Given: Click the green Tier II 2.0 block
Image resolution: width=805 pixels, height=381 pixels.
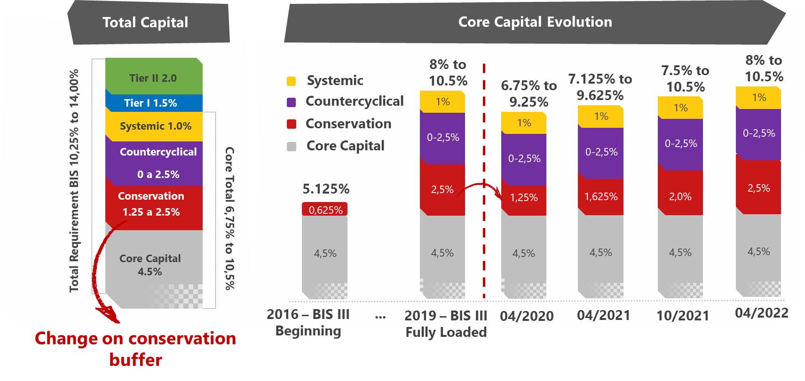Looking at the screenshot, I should (153, 78).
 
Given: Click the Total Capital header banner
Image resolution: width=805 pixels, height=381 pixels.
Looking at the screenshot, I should (145, 23).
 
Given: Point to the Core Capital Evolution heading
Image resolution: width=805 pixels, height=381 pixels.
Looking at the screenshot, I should (535, 22).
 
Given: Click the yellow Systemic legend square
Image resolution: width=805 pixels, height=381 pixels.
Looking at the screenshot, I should (292, 81).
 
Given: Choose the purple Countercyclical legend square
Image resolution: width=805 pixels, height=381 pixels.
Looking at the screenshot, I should (292, 102).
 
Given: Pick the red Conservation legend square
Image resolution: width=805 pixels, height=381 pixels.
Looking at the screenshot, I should (292, 124).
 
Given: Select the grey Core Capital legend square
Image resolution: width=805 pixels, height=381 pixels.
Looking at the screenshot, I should (292, 146).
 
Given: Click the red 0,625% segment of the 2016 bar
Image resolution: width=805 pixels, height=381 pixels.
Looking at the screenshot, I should (325, 210).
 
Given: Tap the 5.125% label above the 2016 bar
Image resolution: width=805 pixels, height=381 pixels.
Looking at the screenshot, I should (326, 189).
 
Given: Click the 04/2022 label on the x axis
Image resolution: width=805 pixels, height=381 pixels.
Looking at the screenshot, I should (761, 313).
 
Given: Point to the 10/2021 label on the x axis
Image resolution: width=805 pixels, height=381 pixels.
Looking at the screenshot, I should (682, 316).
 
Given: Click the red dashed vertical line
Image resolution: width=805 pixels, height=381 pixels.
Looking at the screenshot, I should (484, 188).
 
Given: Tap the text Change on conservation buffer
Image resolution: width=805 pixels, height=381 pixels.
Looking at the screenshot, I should (135, 349).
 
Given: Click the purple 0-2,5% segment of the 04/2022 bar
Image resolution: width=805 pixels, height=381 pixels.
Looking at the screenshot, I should (758, 134).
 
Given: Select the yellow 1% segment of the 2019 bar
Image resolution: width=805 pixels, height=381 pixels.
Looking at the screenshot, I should (442, 102).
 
